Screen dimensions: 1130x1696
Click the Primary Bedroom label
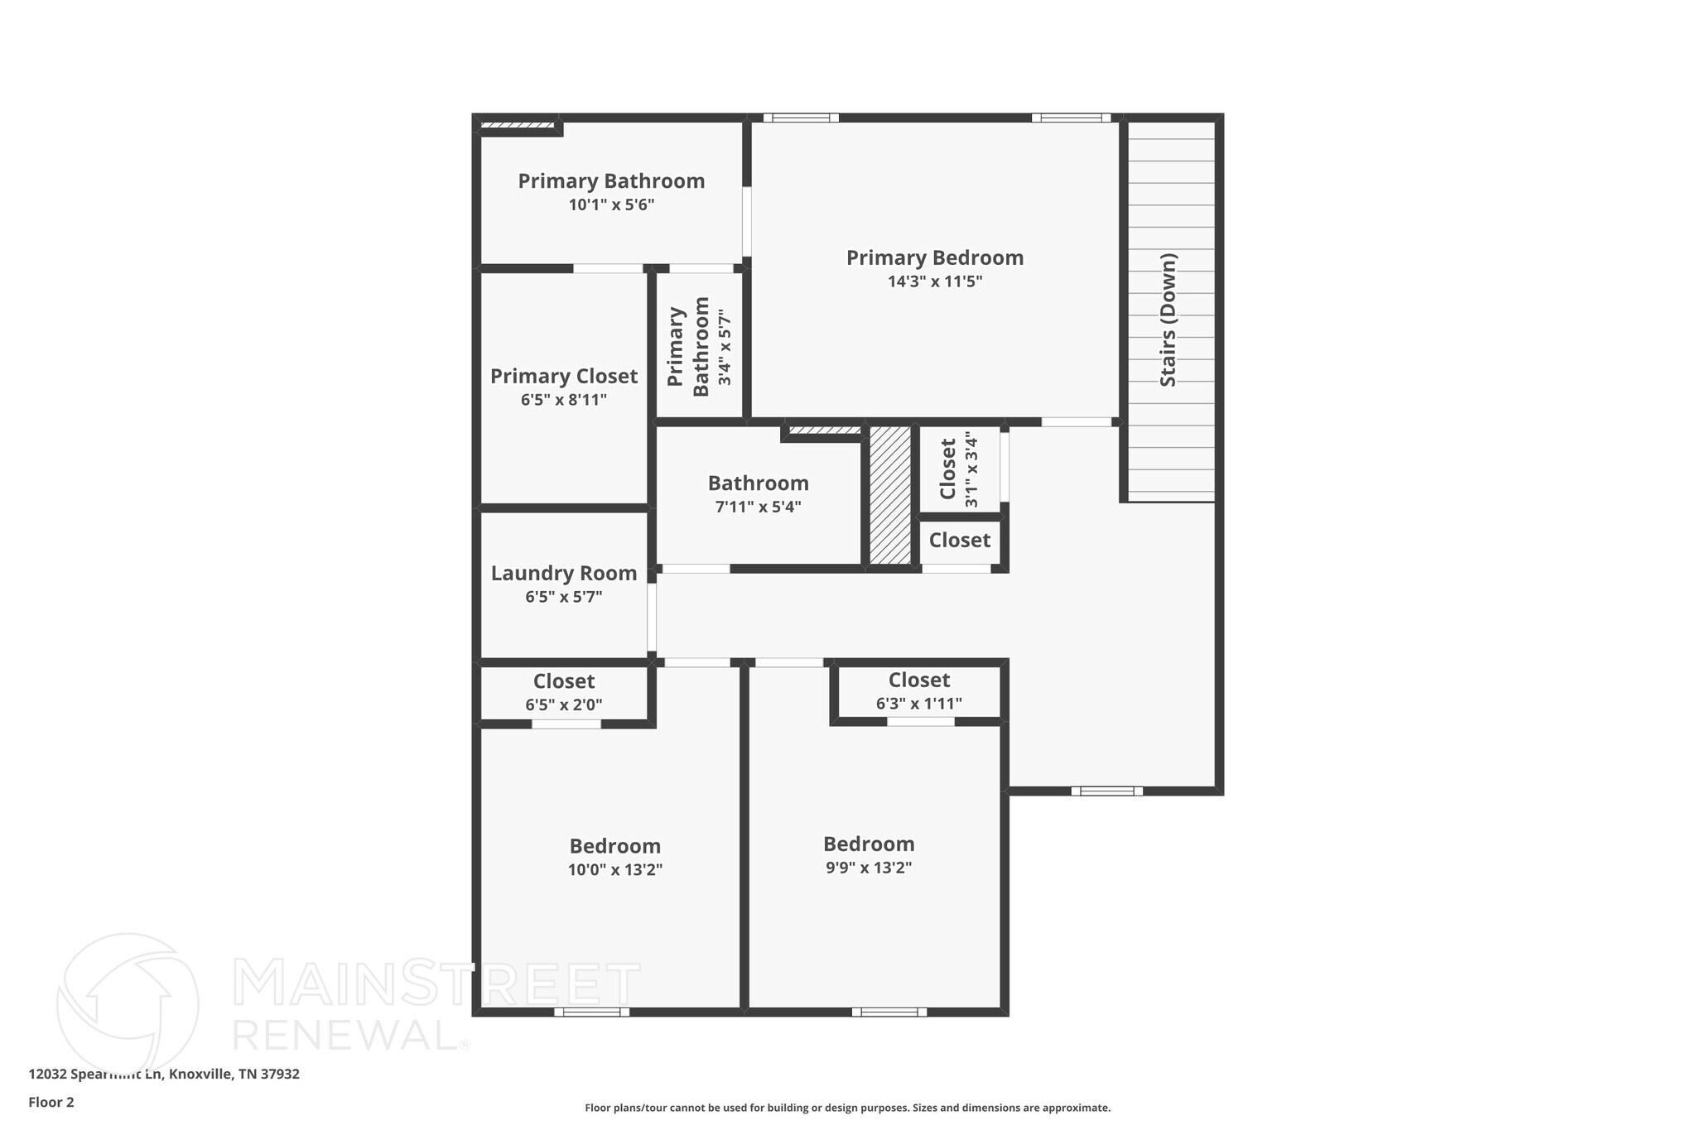point(934,258)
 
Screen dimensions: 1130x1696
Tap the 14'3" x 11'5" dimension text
point(934,281)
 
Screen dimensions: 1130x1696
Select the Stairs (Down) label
point(1168,320)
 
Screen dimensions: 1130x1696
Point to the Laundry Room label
point(564,574)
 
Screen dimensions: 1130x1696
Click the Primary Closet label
point(564,377)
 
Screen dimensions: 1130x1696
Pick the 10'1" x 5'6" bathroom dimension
point(611,204)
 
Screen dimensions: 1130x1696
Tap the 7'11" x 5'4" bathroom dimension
point(758,507)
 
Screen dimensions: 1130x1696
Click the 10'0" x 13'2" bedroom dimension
point(614,870)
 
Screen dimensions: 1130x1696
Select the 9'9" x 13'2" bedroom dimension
point(868,868)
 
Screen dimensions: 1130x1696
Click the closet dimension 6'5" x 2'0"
point(564,705)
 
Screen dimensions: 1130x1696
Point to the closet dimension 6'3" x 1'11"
point(918,704)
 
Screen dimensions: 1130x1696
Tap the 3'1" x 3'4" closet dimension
point(971,469)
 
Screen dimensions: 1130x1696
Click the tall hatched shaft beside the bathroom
point(890,495)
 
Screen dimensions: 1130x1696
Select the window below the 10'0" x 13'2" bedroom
point(591,1012)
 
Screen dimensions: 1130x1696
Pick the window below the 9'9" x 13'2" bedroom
point(889,1012)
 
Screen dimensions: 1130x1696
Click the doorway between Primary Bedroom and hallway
point(1076,422)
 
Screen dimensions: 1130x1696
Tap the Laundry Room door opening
point(652,617)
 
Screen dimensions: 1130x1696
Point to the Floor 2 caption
point(51,1102)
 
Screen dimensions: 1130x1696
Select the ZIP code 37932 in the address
point(281,1075)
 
